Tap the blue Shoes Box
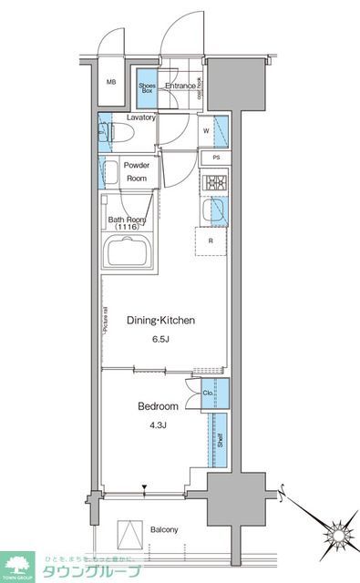(147, 88)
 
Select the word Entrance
(180, 87)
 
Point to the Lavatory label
(141, 118)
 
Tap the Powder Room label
(137, 173)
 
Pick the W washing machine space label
(207, 129)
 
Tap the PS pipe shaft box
(215, 158)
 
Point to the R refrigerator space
(211, 240)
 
